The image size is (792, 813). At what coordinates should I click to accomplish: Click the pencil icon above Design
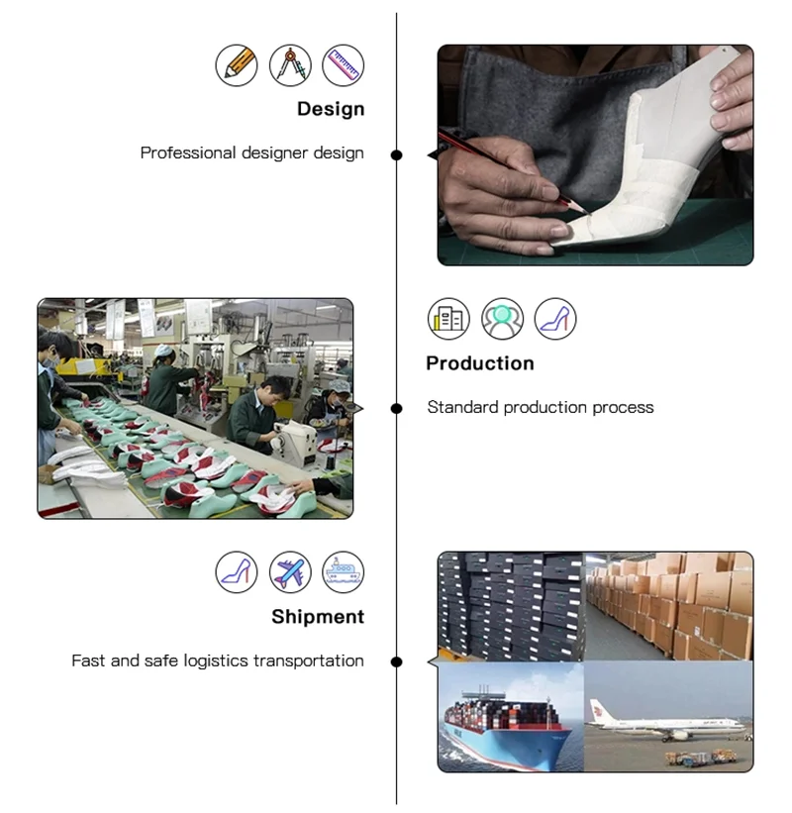[237, 65]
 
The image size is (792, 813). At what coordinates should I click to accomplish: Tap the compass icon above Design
[290, 65]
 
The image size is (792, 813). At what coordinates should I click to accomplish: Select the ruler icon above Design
[344, 65]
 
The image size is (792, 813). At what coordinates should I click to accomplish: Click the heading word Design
[331, 109]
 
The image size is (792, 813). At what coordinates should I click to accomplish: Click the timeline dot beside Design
[397, 154]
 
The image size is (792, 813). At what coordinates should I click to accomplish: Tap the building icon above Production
[448, 319]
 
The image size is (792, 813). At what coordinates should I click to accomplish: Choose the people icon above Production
[502, 319]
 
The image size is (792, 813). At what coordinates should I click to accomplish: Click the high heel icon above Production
[555, 319]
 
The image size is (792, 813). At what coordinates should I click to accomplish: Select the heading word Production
[480, 363]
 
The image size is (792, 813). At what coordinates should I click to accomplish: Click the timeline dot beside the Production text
[397, 408]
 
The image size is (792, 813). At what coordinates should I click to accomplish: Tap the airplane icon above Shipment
[290, 572]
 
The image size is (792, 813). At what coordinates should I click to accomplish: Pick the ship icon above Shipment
[344, 572]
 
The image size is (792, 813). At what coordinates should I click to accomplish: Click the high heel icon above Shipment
[237, 572]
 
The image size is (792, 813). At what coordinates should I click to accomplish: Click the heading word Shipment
[318, 617]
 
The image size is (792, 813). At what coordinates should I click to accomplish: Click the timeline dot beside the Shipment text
[397, 661]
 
